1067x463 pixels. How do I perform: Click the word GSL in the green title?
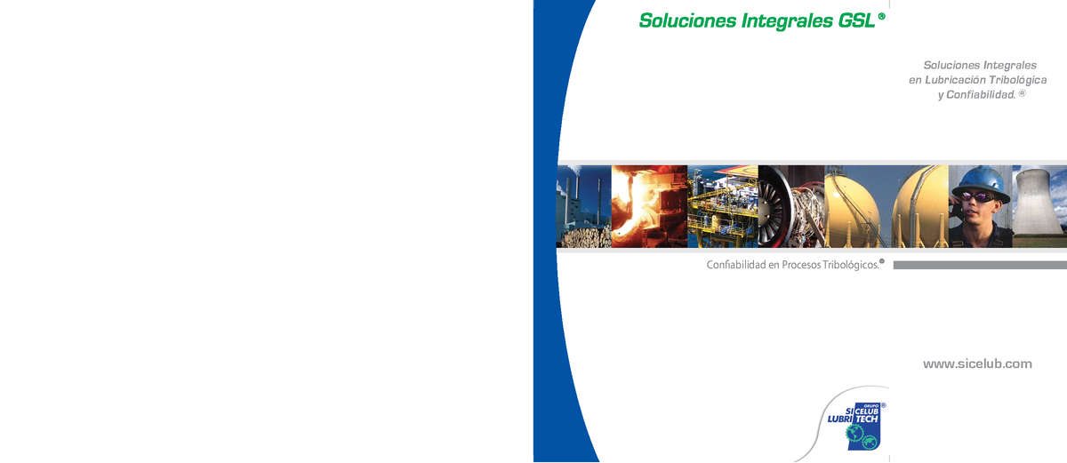coord(856,20)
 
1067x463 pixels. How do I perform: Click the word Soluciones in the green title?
coord(686,20)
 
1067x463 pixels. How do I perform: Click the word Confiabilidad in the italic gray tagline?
coord(983,94)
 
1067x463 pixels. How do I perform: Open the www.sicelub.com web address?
coord(977,363)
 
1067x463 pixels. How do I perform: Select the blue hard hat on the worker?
coord(979,180)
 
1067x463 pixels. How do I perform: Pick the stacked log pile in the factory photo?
coord(583,235)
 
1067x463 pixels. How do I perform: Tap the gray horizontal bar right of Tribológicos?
coord(979,265)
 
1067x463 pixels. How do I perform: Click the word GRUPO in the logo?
coord(870,405)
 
